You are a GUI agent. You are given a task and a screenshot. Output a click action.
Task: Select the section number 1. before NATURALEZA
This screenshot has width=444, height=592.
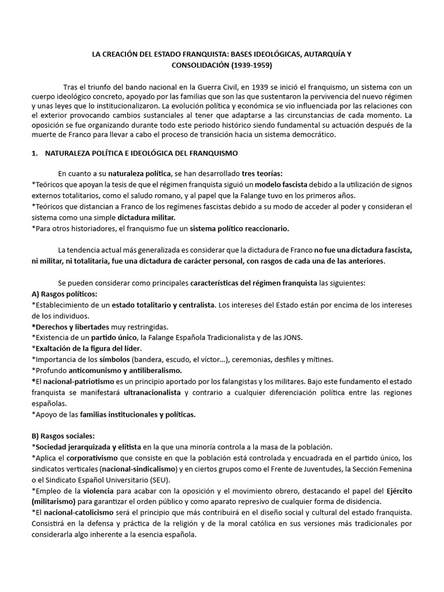point(34,153)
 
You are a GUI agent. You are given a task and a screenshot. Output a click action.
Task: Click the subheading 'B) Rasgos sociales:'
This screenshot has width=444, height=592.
point(63,435)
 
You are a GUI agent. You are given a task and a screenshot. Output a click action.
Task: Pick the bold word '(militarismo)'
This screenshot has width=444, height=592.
point(57,501)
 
